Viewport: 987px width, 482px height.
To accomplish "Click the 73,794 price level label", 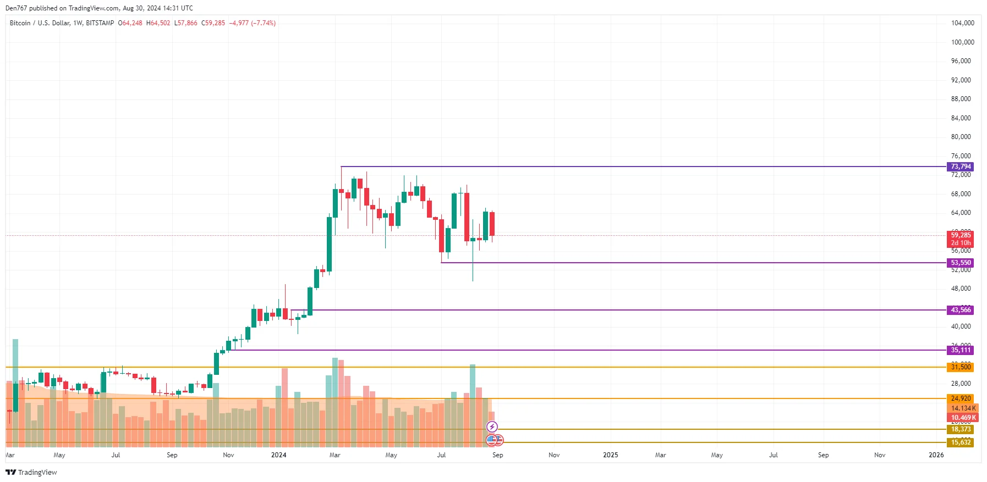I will (x=961, y=167).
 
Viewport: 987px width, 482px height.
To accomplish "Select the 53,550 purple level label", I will (x=961, y=263).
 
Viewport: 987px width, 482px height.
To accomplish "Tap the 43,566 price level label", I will (x=961, y=310).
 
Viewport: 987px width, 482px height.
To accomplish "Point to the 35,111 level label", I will (x=961, y=350).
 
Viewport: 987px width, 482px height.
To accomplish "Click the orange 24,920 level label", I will (x=961, y=398).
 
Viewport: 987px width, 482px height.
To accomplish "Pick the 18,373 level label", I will (x=961, y=429).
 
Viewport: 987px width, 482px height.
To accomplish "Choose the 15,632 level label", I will (x=961, y=442).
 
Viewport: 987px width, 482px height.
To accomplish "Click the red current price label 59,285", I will (x=961, y=235).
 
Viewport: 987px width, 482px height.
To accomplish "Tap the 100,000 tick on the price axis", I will (x=962, y=42).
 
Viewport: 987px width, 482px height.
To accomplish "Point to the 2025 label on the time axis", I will (x=610, y=455).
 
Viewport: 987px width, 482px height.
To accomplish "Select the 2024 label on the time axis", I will (x=278, y=455).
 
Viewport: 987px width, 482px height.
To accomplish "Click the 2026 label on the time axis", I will (x=936, y=455).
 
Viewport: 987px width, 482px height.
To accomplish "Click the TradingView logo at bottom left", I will (x=31, y=472).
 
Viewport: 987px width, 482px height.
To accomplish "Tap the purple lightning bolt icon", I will (x=492, y=427).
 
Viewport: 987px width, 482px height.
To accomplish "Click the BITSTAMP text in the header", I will (x=100, y=23).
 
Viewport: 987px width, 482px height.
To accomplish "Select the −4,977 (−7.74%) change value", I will (x=253, y=23).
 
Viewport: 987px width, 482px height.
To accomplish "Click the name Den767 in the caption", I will (x=16, y=8).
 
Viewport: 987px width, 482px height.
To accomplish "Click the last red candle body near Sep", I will (x=492, y=224).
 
